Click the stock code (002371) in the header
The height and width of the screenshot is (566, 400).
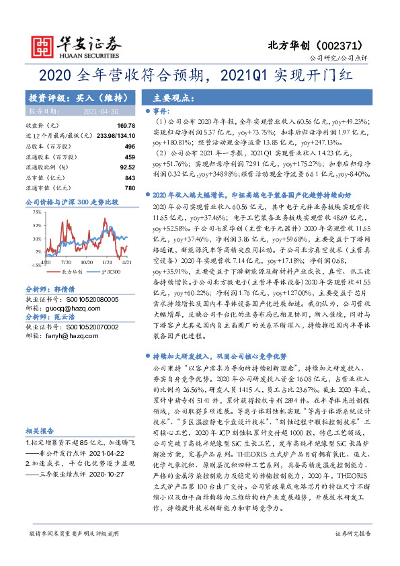[345, 44]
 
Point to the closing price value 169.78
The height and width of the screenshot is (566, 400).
[126, 126]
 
